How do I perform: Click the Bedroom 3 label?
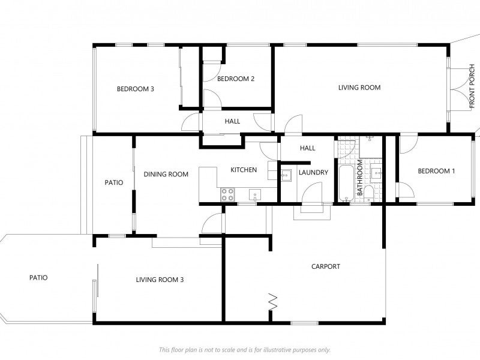pos(136,89)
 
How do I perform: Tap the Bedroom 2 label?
pos(236,79)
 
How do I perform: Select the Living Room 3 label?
pos(160,280)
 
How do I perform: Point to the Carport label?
pos(326,266)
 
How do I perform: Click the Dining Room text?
pos(166,174)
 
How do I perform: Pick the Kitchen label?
pos(244,170)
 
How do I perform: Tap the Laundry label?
pos(313,173)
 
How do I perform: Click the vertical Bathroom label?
pos(360,178)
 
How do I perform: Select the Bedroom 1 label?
pos(437,171)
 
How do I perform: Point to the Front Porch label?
pos(472,86)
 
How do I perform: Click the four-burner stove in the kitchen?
pos(228,194)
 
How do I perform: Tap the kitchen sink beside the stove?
pos(254,195)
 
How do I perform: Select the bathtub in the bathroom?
pos(346,184)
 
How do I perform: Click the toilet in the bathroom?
pos(368,193)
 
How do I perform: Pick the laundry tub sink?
pos(287,175)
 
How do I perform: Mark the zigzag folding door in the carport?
pos(273,301)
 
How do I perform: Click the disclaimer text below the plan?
pos(245,350)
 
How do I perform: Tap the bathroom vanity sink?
pos(376,172)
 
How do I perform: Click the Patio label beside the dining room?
pos(114,182)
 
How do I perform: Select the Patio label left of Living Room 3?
pos(38,278)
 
